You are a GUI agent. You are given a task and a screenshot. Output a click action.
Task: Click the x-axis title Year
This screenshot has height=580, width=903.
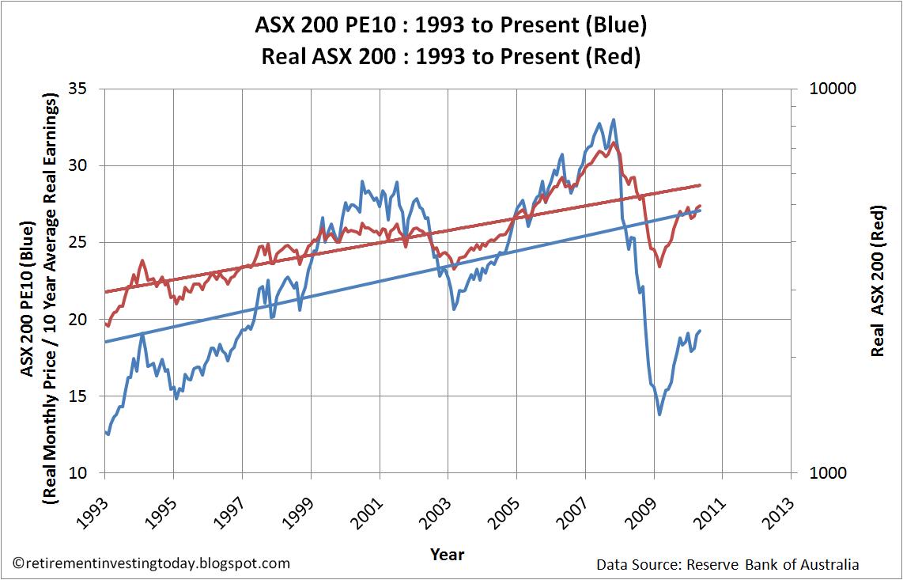point(448,554)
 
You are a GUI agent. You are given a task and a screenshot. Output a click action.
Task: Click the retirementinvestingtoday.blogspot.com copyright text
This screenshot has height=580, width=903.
point(153,563)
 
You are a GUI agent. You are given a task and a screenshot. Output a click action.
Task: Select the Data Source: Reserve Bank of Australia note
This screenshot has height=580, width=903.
point(727,564)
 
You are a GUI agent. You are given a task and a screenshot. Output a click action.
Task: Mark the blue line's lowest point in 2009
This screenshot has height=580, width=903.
point(659,414)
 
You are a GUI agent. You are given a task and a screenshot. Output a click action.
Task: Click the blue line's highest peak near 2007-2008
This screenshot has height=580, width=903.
point(614,120)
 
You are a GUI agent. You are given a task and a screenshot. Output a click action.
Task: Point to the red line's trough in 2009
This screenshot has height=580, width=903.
point(659,267)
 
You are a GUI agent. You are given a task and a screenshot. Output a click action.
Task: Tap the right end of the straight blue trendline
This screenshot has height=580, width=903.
point(701,210)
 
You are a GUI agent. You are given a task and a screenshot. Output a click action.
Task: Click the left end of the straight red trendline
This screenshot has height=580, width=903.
point(104,292)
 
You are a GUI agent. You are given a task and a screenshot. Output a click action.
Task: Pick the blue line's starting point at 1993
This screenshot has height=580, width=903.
point(104,430)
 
